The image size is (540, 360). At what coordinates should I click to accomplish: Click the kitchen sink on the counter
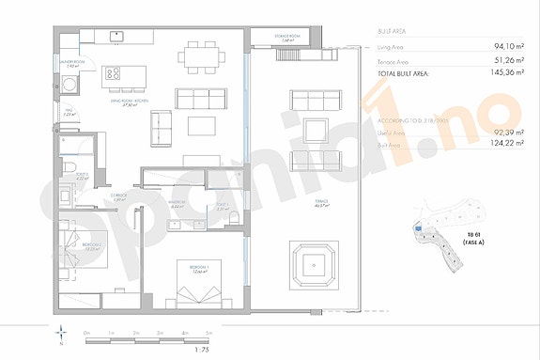(x=117, y=37)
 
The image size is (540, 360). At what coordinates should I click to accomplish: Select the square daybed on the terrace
(x=315, y=267)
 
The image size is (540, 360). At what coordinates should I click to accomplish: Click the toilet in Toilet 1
(x=71, y=167)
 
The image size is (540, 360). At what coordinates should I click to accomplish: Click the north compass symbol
(x=62, y=335)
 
